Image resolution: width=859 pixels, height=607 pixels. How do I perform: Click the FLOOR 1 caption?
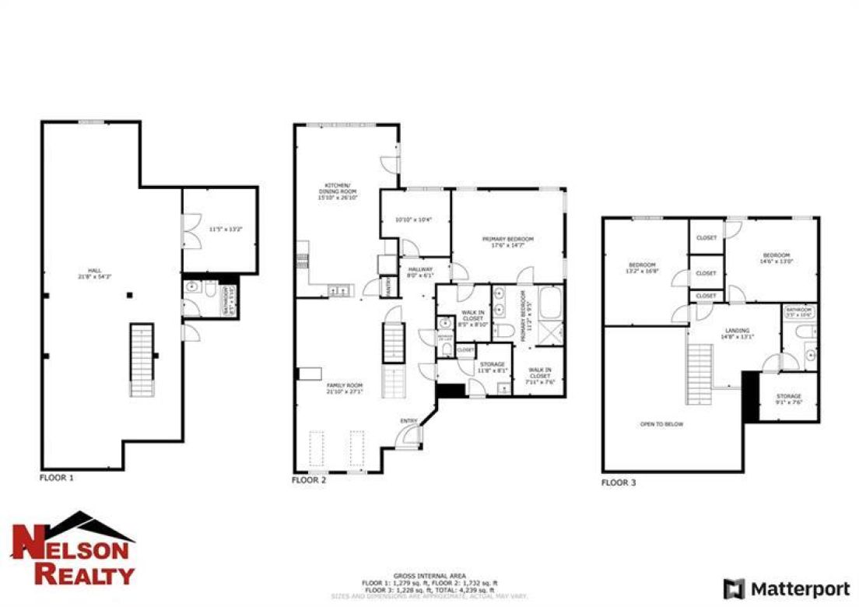(56, 478)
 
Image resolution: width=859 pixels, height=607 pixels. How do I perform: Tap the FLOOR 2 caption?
(308, 480)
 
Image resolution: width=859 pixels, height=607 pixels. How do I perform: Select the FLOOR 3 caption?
(619, 482)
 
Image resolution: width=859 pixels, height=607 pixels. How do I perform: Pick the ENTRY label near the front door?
(408, 421)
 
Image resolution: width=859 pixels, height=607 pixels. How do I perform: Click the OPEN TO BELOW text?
(661, 425)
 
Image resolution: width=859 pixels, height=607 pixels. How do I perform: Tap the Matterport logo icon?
(733, 588)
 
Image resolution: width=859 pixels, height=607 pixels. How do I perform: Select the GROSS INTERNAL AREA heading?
(429, 575)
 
